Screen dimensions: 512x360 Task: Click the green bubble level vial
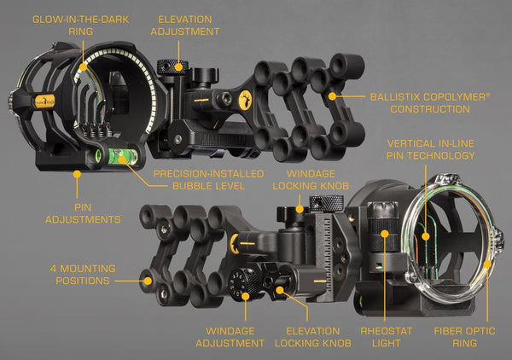pos(122,156)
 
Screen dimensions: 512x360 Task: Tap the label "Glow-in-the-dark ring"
pos(81,26)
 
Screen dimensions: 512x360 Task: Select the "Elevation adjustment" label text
pos(185,26)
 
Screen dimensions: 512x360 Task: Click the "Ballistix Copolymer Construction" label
pos(430,103)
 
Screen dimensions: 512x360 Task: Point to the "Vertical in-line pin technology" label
pos(431,149)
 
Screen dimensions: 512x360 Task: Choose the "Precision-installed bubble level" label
pos(209,180)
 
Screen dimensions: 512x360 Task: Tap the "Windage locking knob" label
pos(311,180)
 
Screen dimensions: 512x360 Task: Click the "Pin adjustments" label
pos(83,213)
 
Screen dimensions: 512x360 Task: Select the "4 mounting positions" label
pos(83,275)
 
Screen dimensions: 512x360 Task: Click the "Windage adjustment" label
pos(230,337)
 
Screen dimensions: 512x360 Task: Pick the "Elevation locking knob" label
pos(313,337)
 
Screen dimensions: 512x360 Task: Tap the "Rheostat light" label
pos(386,337)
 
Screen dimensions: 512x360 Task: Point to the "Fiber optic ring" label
pos(465,337)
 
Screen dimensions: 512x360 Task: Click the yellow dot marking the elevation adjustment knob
pos(178,67)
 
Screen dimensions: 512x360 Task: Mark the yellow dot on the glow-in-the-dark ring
pos(84,67)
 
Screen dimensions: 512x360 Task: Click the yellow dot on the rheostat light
pos(385,234)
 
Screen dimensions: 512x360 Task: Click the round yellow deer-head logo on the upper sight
pos(246,100)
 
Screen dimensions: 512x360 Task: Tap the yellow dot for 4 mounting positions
pos(148,281)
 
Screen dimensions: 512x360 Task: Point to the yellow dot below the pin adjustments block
pos(77,174)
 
